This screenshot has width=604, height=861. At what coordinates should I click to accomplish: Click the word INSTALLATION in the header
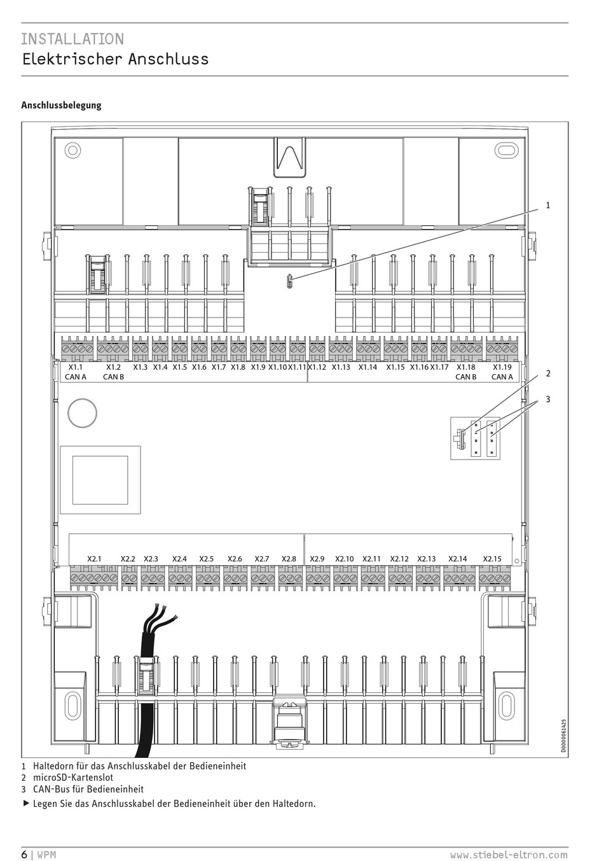(x=72, y=39)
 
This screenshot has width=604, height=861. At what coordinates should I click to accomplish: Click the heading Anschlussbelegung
(x=61, y=105)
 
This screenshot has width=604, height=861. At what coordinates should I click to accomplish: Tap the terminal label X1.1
(x=75, y=367)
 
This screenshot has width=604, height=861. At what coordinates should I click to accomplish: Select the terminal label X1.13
(x=341, y=367)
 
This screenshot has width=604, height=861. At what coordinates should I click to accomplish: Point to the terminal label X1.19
(x=502, y=367)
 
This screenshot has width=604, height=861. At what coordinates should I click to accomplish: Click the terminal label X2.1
(x=94, y=559)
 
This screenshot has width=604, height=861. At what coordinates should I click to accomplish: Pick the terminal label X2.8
(x=289, y=559)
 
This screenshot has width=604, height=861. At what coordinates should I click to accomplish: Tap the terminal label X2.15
(x=492, y=559)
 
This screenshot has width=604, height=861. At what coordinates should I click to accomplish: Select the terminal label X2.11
(x=371, y=559)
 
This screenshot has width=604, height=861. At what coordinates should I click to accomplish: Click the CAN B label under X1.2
(x=113, y=377)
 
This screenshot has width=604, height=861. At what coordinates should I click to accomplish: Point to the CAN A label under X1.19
(x=502, y=377)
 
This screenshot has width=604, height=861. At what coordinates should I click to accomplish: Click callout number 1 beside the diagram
(x=547, y=206)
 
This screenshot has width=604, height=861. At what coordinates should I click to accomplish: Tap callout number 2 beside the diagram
(x=547, y=374)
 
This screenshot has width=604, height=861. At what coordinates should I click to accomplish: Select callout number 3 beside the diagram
(x=547, y=400)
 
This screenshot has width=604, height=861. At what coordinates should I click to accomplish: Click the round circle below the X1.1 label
(x=82, y=412)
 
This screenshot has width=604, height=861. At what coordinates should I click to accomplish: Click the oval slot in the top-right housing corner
(x=507, y=151)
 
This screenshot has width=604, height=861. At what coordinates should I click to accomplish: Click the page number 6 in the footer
(x=24, y=854)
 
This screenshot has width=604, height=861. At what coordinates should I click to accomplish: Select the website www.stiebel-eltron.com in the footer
(x=509, y=855)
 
